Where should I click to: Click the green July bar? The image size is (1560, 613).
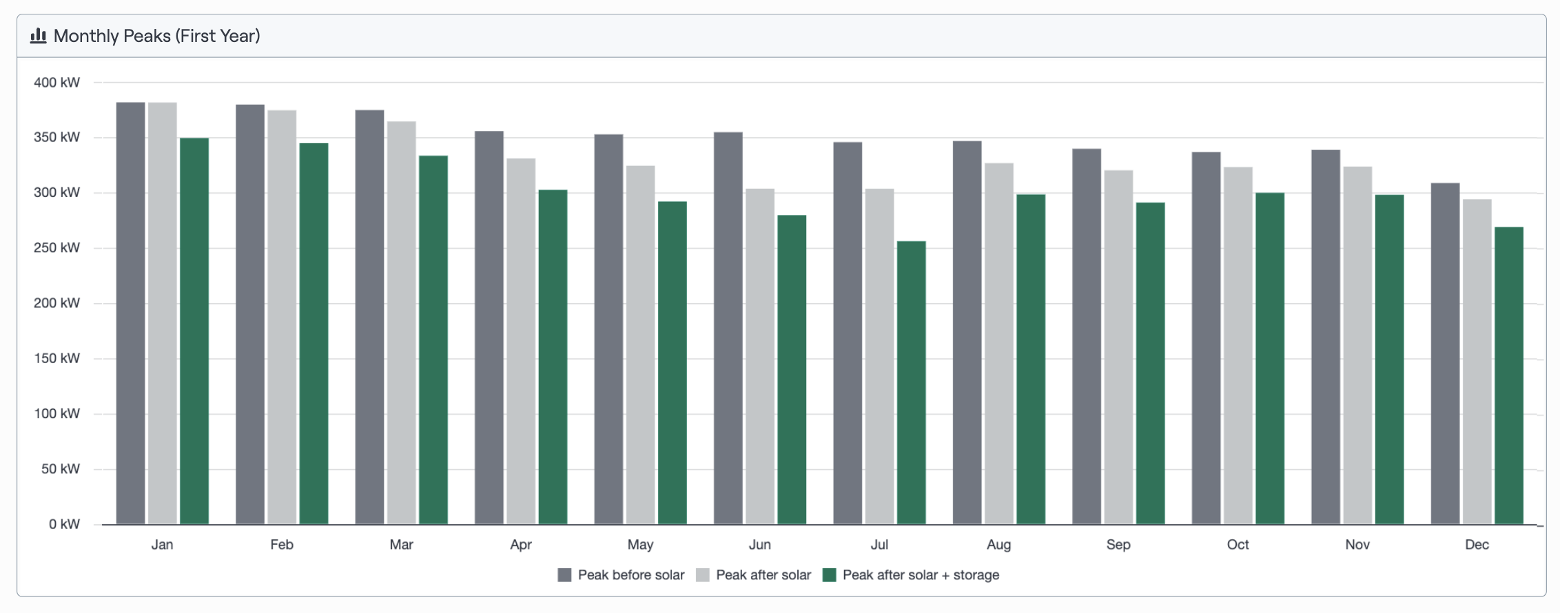pos(911,382)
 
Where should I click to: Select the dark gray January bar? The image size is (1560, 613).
pos(130,313)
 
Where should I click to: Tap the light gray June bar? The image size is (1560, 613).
pos(760,356)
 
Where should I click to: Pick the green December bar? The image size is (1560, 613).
pos(1508,375)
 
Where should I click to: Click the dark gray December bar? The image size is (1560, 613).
pos(1445,353)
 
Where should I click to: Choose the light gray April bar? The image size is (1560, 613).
pos(521,342)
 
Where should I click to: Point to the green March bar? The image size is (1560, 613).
pos(433,340)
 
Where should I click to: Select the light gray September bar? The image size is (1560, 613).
pos(1118,347)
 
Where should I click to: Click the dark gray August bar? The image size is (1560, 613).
pos(967,333)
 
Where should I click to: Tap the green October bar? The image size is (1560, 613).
pos(1270,358)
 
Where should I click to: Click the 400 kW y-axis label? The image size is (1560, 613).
pos(57,83)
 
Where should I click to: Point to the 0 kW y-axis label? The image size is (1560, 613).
pos(64,524)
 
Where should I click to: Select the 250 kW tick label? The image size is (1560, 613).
pos(57,248)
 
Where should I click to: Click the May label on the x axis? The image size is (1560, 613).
pos(640,545)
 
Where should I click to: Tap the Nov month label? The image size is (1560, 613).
pos(1357,545)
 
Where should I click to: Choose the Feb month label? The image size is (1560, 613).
pos(282,545)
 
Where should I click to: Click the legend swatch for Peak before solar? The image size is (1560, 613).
pos(564,575)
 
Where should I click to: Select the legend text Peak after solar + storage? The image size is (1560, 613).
pos(921,575)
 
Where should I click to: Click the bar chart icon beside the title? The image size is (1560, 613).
pos(39,36)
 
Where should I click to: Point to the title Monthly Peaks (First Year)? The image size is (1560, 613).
pos(157,36)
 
